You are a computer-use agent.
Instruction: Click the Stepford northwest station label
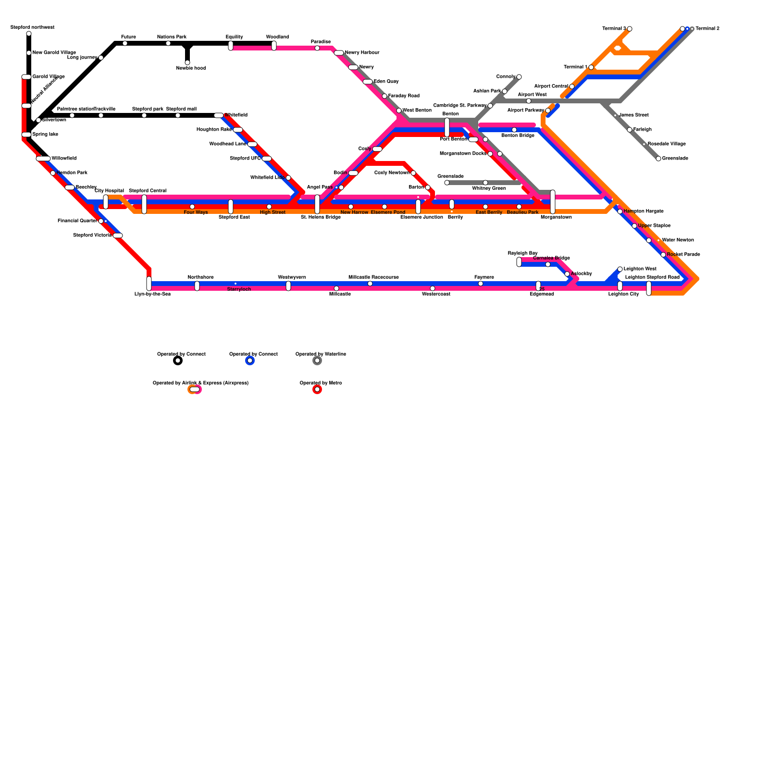33,27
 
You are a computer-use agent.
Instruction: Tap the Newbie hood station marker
187,62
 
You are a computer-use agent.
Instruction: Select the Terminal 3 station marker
630,29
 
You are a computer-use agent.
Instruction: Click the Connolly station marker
519,77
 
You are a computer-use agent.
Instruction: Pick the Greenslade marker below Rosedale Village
658,159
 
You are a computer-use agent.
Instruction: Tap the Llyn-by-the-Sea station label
152,294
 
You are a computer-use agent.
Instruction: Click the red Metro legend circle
317,389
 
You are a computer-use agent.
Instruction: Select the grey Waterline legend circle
317,360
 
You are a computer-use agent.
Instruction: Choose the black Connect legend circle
178,360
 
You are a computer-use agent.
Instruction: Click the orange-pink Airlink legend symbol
195,389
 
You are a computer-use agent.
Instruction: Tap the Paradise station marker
317,48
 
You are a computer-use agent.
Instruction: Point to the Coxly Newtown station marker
413,173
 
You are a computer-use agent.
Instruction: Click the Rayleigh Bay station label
522,253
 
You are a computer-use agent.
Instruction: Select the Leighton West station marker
620,269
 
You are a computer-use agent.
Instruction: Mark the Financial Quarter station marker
101,221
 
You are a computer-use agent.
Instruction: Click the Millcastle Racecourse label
373,277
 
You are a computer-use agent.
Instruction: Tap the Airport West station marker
529,101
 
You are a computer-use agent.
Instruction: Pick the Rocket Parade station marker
663,255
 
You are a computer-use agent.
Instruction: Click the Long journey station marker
101,58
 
